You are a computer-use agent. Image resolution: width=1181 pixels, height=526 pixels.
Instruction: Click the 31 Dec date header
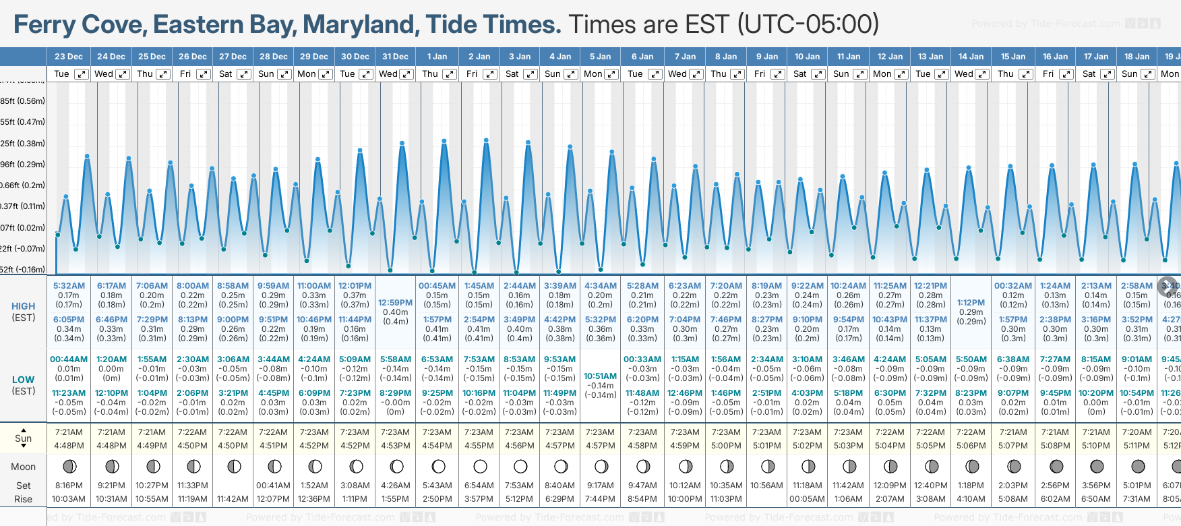tap(395, 57)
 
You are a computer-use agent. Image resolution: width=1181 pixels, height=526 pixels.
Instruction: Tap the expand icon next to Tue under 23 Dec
tap(81, 74)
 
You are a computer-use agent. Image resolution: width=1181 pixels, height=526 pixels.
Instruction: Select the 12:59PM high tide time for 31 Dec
tap(395, 303)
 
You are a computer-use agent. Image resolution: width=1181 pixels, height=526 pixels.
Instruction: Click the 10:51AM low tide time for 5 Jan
tap(600, 376)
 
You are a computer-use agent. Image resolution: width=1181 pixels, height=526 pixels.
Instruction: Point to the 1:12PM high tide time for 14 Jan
tap(971, 303)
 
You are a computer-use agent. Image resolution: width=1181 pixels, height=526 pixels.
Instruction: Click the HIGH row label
tap(24, 306)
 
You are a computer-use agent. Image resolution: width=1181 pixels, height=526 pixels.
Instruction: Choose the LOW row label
tap(24, 380)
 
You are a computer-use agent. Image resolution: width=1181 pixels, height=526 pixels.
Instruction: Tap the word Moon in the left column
tap(24, 467)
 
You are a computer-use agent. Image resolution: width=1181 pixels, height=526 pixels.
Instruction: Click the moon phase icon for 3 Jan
tap(520, 466)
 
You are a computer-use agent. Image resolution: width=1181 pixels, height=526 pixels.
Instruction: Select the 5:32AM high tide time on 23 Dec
tap(69, 286)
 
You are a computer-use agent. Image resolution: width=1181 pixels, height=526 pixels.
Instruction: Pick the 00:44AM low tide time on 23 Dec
tap(69, 359)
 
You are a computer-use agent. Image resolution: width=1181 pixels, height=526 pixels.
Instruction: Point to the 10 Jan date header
tap(807, 57)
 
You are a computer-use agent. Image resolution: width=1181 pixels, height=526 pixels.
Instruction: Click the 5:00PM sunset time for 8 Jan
tap(726, 446)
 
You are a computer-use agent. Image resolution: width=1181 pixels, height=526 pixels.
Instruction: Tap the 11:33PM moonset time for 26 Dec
tap(193, 486)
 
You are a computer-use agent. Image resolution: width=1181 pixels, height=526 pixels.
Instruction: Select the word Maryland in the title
tap(361, 25)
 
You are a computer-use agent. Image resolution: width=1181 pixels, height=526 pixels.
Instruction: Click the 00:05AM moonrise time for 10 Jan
tap(807, 499)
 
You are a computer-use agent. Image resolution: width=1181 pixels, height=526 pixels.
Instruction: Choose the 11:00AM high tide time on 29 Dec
tap(314, 286)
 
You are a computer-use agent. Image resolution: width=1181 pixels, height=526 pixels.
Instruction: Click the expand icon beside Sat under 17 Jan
tap(1108, 74)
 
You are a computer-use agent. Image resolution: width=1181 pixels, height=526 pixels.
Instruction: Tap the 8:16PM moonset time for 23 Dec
tap(69, 486)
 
